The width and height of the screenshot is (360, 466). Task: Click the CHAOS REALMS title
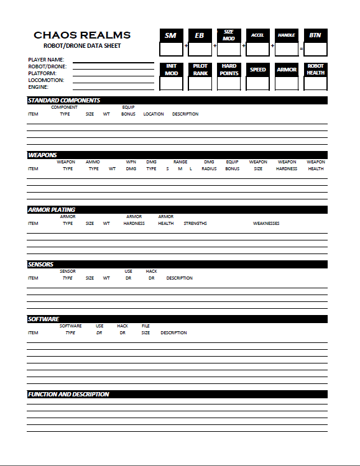click(82, 35)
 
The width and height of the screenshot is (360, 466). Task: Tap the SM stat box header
click(170, 35)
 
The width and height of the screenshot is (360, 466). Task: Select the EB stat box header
click(200, 35)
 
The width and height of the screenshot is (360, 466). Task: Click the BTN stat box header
click(315, 35)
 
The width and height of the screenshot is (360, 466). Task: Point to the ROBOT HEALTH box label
click(315, 69)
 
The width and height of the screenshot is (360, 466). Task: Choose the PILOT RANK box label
click(200, 70)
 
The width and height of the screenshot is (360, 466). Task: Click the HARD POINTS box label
click(229, 70)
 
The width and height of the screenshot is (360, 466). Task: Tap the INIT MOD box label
click(171, 70)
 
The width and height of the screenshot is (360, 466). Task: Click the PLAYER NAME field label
click(46, 60)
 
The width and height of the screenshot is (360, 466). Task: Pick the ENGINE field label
click(38, 87)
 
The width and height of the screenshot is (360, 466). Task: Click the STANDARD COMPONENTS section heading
click(64, 100)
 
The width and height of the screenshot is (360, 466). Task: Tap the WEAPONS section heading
click(42, 155)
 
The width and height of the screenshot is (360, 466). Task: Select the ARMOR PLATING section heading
click(52, 210)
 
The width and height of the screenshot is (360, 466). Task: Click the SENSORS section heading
click(42, 264)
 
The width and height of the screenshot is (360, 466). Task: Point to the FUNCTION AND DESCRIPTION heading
click(68, 394)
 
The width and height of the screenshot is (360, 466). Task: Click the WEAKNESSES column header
click(266, 223)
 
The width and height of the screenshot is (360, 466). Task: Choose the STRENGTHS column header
click(195, 223)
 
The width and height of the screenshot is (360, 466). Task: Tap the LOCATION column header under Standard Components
click(154, 114)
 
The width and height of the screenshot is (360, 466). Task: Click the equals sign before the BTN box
click(301, 48)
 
